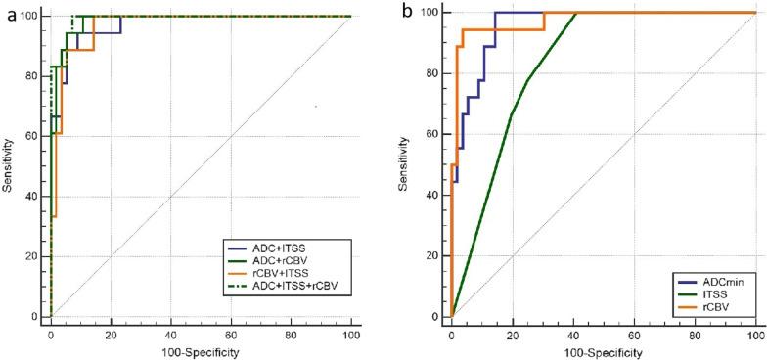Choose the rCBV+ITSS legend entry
pos(274,273)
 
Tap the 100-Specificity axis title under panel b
pos(602,350)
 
